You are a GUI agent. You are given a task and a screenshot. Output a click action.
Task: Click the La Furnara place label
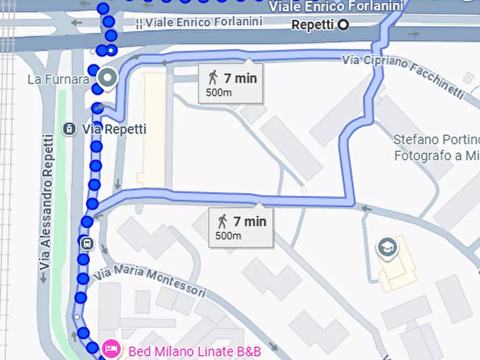click(x=59, y=80)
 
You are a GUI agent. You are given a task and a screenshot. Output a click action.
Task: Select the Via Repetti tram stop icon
click(x=69, y=129)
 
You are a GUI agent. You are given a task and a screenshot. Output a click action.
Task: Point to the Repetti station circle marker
click(x=343, y=25)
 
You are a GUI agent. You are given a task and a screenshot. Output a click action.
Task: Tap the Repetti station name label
click(x=312, y=25)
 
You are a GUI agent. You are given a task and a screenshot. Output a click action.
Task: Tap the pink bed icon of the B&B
click(x=112, y=350)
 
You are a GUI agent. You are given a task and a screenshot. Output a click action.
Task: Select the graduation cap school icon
click(x=386, y=247)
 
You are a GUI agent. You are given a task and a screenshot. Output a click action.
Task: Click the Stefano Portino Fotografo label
click(x=436, y=148)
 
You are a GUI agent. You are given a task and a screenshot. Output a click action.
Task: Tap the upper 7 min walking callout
click(x=231, y=83)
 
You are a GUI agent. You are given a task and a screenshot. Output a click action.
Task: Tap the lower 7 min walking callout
click(x=240, y=226)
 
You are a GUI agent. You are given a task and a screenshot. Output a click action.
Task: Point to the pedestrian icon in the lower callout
click(x=223, y=221)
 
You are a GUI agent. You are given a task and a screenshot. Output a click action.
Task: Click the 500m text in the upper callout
click(x=219, y=92)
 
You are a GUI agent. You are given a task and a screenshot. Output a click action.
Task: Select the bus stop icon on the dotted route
click(x=88, y=244)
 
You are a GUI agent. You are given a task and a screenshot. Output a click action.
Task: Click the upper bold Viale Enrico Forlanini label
click(x=335, y=6)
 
